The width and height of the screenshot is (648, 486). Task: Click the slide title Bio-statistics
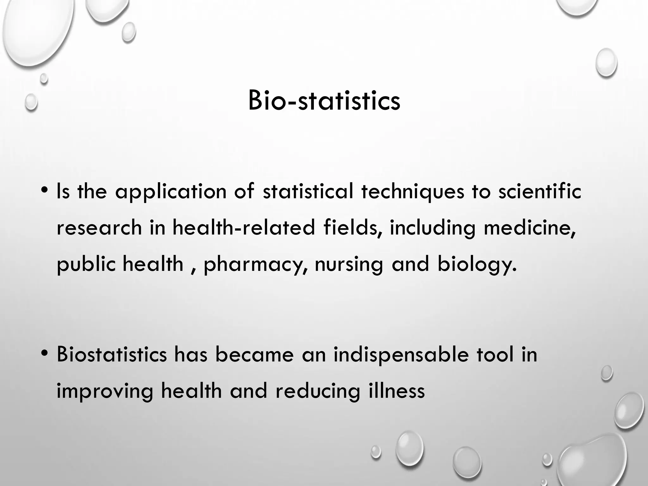[324, 101]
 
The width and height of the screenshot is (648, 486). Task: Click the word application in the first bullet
[171, 192]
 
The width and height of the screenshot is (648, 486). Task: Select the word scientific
[540, 191]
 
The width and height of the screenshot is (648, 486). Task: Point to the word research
[99, 228]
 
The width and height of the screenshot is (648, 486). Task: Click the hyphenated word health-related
[244, 227]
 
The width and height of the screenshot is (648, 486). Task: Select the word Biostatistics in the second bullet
[112, 355]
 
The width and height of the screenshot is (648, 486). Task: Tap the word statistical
[308, 191]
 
